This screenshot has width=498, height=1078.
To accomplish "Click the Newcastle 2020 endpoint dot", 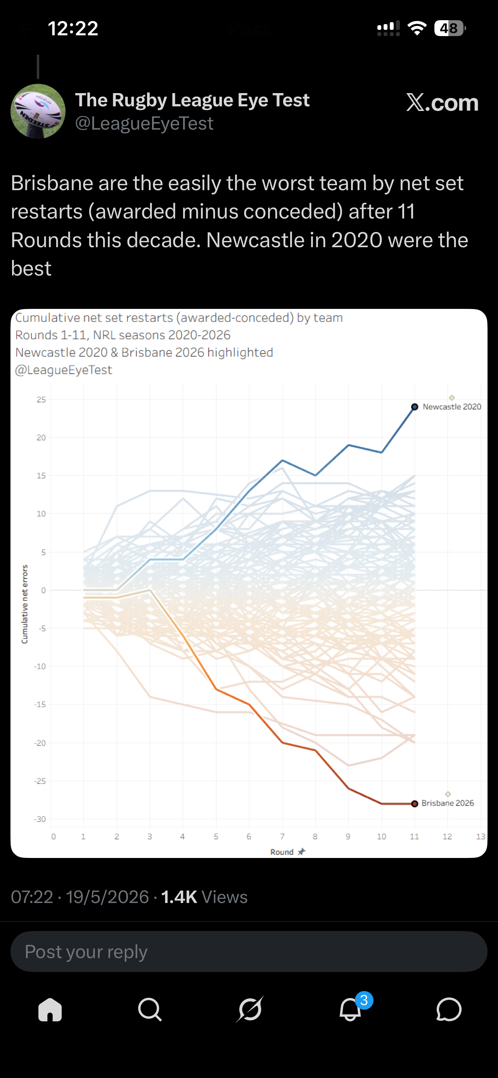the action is pos(414,407).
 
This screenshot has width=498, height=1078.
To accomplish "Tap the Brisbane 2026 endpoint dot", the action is pos(414,804).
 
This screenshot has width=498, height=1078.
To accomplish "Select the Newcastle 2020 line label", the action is pos(451,407).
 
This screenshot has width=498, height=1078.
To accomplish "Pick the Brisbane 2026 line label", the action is pos(448,803).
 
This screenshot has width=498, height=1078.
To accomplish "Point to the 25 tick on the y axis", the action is pos(41,400).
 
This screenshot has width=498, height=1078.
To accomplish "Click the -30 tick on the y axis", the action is pos(40,819).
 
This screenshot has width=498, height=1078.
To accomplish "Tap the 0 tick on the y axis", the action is pos(43,590).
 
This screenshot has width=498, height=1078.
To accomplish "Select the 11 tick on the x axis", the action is pos(414,837).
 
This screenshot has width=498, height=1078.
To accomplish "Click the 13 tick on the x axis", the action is pos(481,837).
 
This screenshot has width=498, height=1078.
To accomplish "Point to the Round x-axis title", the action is pos(282,852).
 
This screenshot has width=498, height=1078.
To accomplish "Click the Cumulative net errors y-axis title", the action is pos(25,604).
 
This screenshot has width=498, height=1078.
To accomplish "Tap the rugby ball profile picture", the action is pos(38,111).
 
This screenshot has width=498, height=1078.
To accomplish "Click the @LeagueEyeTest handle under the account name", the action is pos(144,123).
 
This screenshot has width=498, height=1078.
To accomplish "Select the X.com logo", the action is pos(443,102).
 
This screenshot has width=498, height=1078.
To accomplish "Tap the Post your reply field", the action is pos(249,951).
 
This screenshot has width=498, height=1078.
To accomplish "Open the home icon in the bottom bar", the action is pos(50,1009).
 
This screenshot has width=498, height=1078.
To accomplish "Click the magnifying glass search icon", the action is pos(150,1009).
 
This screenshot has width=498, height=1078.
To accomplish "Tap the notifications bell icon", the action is pos(350,1009).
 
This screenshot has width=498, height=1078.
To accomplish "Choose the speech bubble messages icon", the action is pos(449,1009).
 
